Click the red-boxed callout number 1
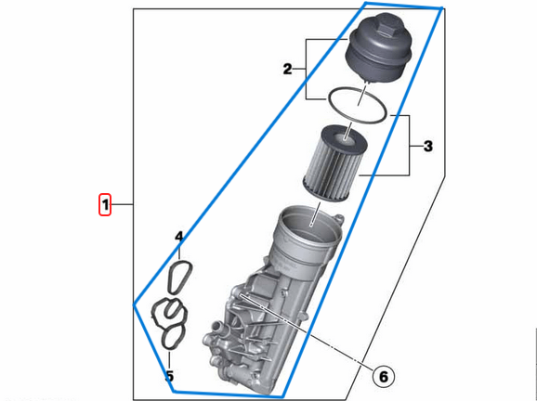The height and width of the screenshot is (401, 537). tap(106, 203)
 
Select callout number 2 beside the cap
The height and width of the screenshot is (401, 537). tap(288, 69)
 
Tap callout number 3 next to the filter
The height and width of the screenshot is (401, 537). tap(427, 146)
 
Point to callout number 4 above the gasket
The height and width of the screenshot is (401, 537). tap(179, 239)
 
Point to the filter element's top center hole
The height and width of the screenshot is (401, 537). tap(346, 138)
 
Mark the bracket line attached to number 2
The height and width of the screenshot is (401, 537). tap(308, 69)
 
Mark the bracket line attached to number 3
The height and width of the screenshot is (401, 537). tap(410, 146)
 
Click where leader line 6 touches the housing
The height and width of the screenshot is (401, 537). tap(240, 295)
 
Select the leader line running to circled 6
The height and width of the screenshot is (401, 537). tap(307, 333)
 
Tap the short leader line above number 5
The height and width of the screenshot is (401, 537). tap(169, 357)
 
